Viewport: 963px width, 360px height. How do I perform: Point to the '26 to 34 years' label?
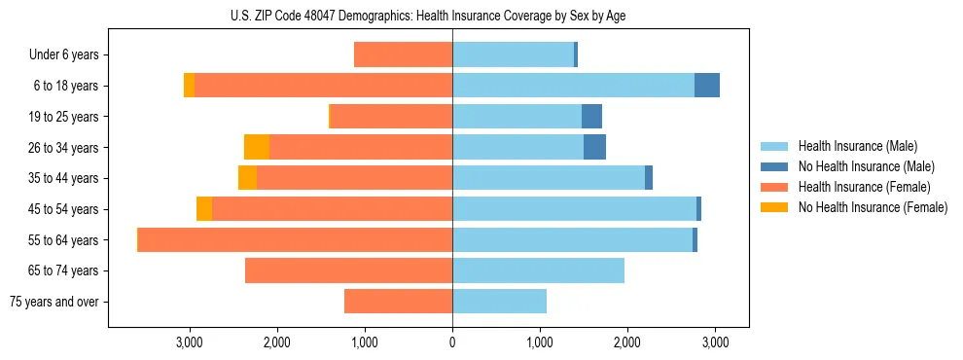[64, 147]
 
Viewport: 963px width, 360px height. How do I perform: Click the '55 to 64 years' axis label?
[64, 240]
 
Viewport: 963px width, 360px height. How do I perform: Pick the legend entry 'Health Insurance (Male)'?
[857, 146]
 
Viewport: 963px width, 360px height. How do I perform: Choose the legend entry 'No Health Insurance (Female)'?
[873, 207]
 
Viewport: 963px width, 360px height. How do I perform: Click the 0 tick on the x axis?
[452, 342]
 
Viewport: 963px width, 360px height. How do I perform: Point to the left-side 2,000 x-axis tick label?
[276, 342]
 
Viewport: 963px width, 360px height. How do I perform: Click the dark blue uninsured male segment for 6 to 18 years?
[707, 86]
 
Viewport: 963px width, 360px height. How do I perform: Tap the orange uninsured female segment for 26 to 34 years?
[257, 147]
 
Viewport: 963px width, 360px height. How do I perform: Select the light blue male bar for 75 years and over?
[499, 302]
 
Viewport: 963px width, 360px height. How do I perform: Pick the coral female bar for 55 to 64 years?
[295, 240]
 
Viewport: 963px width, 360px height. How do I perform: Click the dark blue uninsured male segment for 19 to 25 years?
[591, 117]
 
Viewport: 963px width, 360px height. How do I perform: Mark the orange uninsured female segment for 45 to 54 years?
[204, 209]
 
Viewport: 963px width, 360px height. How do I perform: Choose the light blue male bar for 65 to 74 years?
[538, 270]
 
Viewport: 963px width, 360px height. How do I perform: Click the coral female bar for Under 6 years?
[403, 54]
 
